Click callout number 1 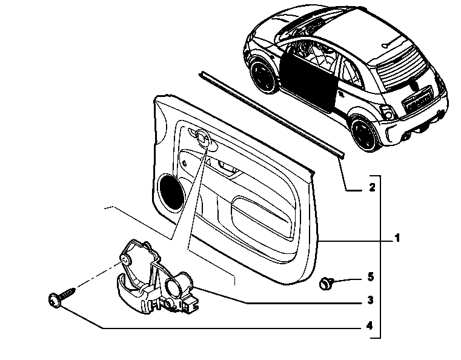[397, 238]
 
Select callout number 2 [372, 187]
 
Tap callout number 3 [371, 300]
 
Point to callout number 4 [370, 325]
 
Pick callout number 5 [371, 277]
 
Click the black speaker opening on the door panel [170, 192]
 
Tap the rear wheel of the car [365, 133]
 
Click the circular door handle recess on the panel [203, 138]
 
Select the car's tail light [388, 112]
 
